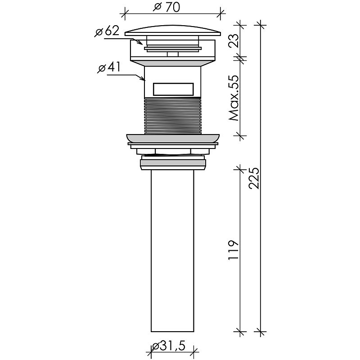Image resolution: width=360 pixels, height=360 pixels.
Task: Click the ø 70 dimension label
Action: [x=166, y=7]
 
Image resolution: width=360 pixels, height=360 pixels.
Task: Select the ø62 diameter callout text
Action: [x=107, y=31]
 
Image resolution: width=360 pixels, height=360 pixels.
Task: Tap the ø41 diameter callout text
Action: [x=109, y=68]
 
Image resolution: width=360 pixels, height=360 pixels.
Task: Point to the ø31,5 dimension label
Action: [x=169, y=346]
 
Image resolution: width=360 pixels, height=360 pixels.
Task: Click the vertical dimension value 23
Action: [x=234, y=40]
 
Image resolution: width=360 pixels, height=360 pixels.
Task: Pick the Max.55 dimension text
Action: [x=234, y=98]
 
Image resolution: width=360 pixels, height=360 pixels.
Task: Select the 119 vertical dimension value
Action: [x=234, y=250]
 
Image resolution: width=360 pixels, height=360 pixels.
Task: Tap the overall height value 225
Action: [x=254, y=178]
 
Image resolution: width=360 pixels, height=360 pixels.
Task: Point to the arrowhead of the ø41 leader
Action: [x=143, y=79]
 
